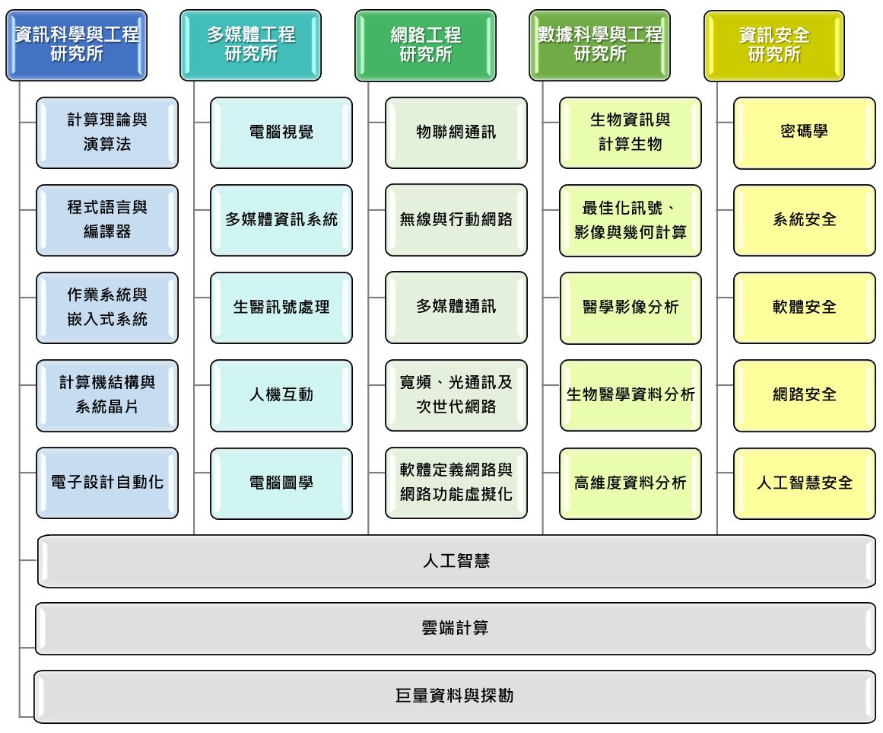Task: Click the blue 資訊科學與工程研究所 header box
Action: [76, 45]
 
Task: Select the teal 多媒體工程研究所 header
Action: [250, 45]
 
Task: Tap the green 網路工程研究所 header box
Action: [425, 45]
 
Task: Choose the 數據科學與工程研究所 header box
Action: [599, 45]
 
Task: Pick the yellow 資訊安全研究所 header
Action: [774, 45]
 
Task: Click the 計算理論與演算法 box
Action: [107, 132]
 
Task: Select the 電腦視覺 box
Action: [281, 132]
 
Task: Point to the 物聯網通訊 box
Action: [456, 132]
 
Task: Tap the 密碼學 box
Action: [804, 132]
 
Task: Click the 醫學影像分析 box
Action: [630, 308]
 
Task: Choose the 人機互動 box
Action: [281, 395]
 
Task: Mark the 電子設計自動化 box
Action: [107, 483]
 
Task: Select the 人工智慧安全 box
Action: [804, 483]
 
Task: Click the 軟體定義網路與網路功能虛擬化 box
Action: [456, 483]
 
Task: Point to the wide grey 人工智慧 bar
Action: [456, 562]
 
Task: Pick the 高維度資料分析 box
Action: [630, 483]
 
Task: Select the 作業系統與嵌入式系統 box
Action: [107, 308]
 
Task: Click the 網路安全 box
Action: [804, 395]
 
